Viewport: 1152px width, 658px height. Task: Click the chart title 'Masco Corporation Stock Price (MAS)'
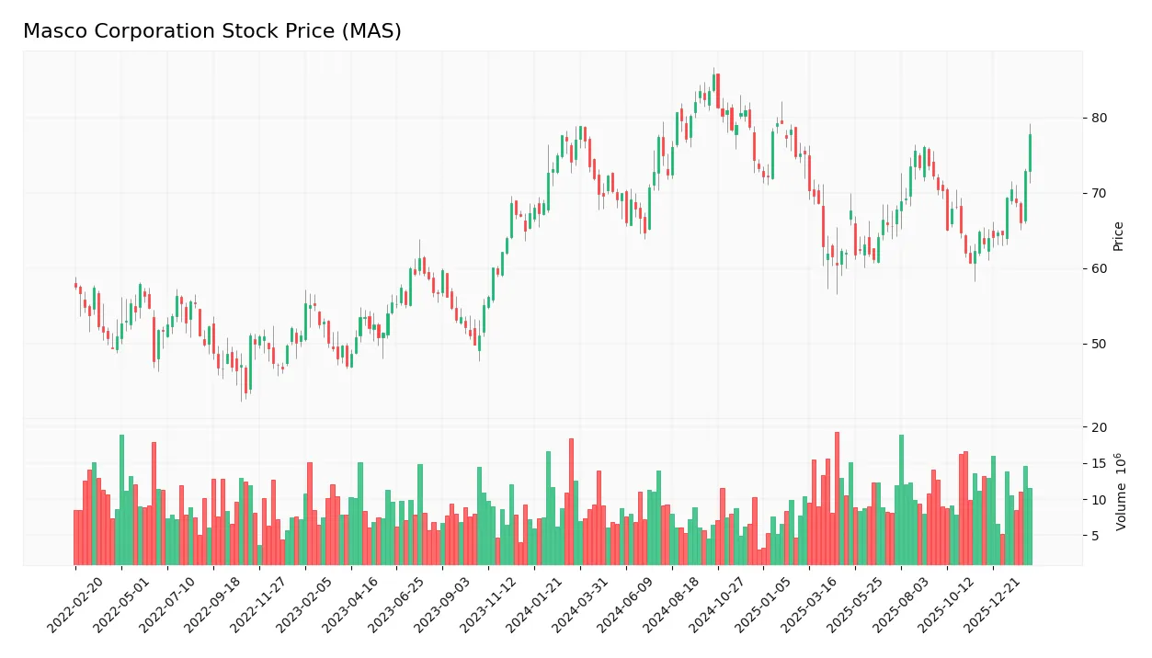(211, 31)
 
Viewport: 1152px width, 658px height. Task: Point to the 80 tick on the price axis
(1099, 118)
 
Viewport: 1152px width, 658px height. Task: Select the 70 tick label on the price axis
(1099, 193)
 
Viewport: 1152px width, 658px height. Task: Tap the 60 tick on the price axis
(1099, 268)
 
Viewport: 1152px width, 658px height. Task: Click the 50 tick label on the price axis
(1099, 344)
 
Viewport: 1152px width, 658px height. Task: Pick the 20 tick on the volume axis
(1099, 427)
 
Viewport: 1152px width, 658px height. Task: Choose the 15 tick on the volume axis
(1099, 463)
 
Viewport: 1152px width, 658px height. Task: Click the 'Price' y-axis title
(1119, 236)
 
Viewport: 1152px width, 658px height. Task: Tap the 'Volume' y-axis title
(1121, 492)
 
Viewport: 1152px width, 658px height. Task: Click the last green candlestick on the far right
(1030, 153)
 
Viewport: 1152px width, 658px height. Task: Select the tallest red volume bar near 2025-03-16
(837, 498)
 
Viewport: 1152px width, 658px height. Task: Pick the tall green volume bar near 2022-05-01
(121, 500)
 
